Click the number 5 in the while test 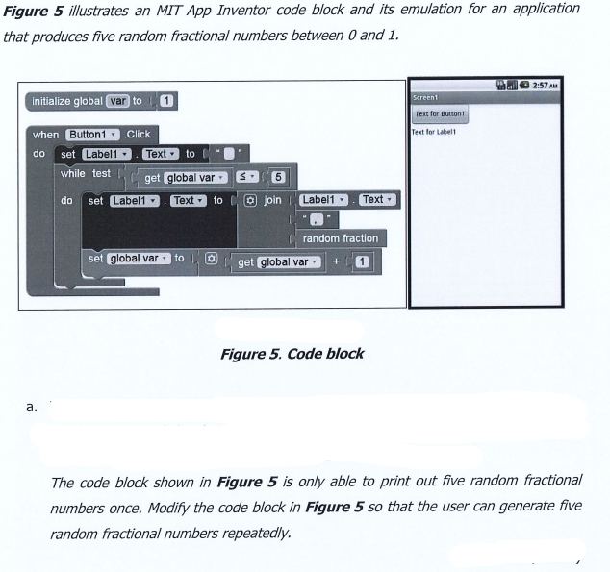point(278,177)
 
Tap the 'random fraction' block point(340,237)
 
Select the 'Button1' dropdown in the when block point(93,135)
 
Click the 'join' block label point(271,200)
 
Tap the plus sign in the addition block point(336,261)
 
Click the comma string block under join point(315,219)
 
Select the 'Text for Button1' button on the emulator point(440,113)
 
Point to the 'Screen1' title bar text point(424,97)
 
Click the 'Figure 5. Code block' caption point(292,353)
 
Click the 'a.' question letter point(33,407)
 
